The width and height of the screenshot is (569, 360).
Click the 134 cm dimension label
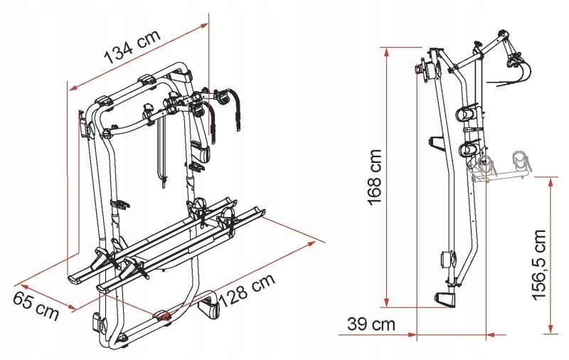tap(132, 47)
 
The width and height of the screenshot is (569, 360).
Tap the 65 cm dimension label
tap(36, 307)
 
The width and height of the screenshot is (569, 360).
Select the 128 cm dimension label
tap(247, 291)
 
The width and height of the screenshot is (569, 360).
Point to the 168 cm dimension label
tap(376, 177)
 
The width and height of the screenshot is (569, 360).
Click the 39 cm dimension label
tap(371, 324)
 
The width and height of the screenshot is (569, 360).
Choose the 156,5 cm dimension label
tap(539, 265)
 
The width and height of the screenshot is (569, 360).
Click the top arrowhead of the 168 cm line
tap(387, 52)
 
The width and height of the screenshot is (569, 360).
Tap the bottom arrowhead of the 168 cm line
tap(387, 302)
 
